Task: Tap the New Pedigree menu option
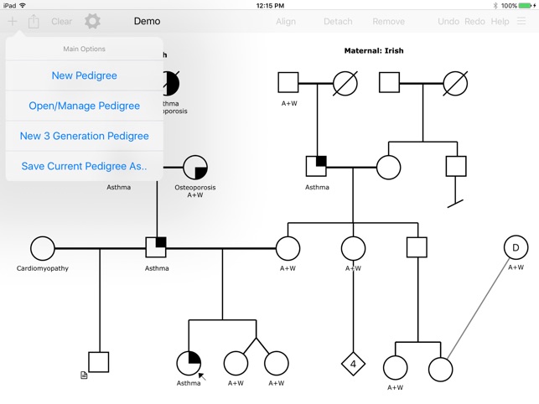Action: (x=84, y=75)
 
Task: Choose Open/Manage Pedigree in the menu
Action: (x=84, y=106)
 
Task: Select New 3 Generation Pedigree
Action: (x=84, y=136)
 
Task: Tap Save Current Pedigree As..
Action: (x=84, y=166)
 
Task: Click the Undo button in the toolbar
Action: (x=448, y=22)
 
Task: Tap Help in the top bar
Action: (x=500, y=22)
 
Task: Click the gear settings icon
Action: (x=92, y=22)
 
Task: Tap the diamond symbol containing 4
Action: (x=354, y=364)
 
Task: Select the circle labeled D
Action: (x=516, y=247)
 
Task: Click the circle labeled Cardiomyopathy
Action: (x=43, y=248)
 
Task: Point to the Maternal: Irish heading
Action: (x=373, y=51)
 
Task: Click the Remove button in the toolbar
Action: (x=388, y=22)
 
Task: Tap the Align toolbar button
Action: (x=286, y=22)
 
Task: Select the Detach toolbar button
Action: (x=338, y=22)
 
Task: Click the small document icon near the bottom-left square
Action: (x=84, y=376)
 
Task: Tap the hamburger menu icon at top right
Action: (x=522, y=22)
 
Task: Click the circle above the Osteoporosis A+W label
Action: (x=194, y=167)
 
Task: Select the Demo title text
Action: (x=147, y=22)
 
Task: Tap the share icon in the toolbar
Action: (x=34, y=22)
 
